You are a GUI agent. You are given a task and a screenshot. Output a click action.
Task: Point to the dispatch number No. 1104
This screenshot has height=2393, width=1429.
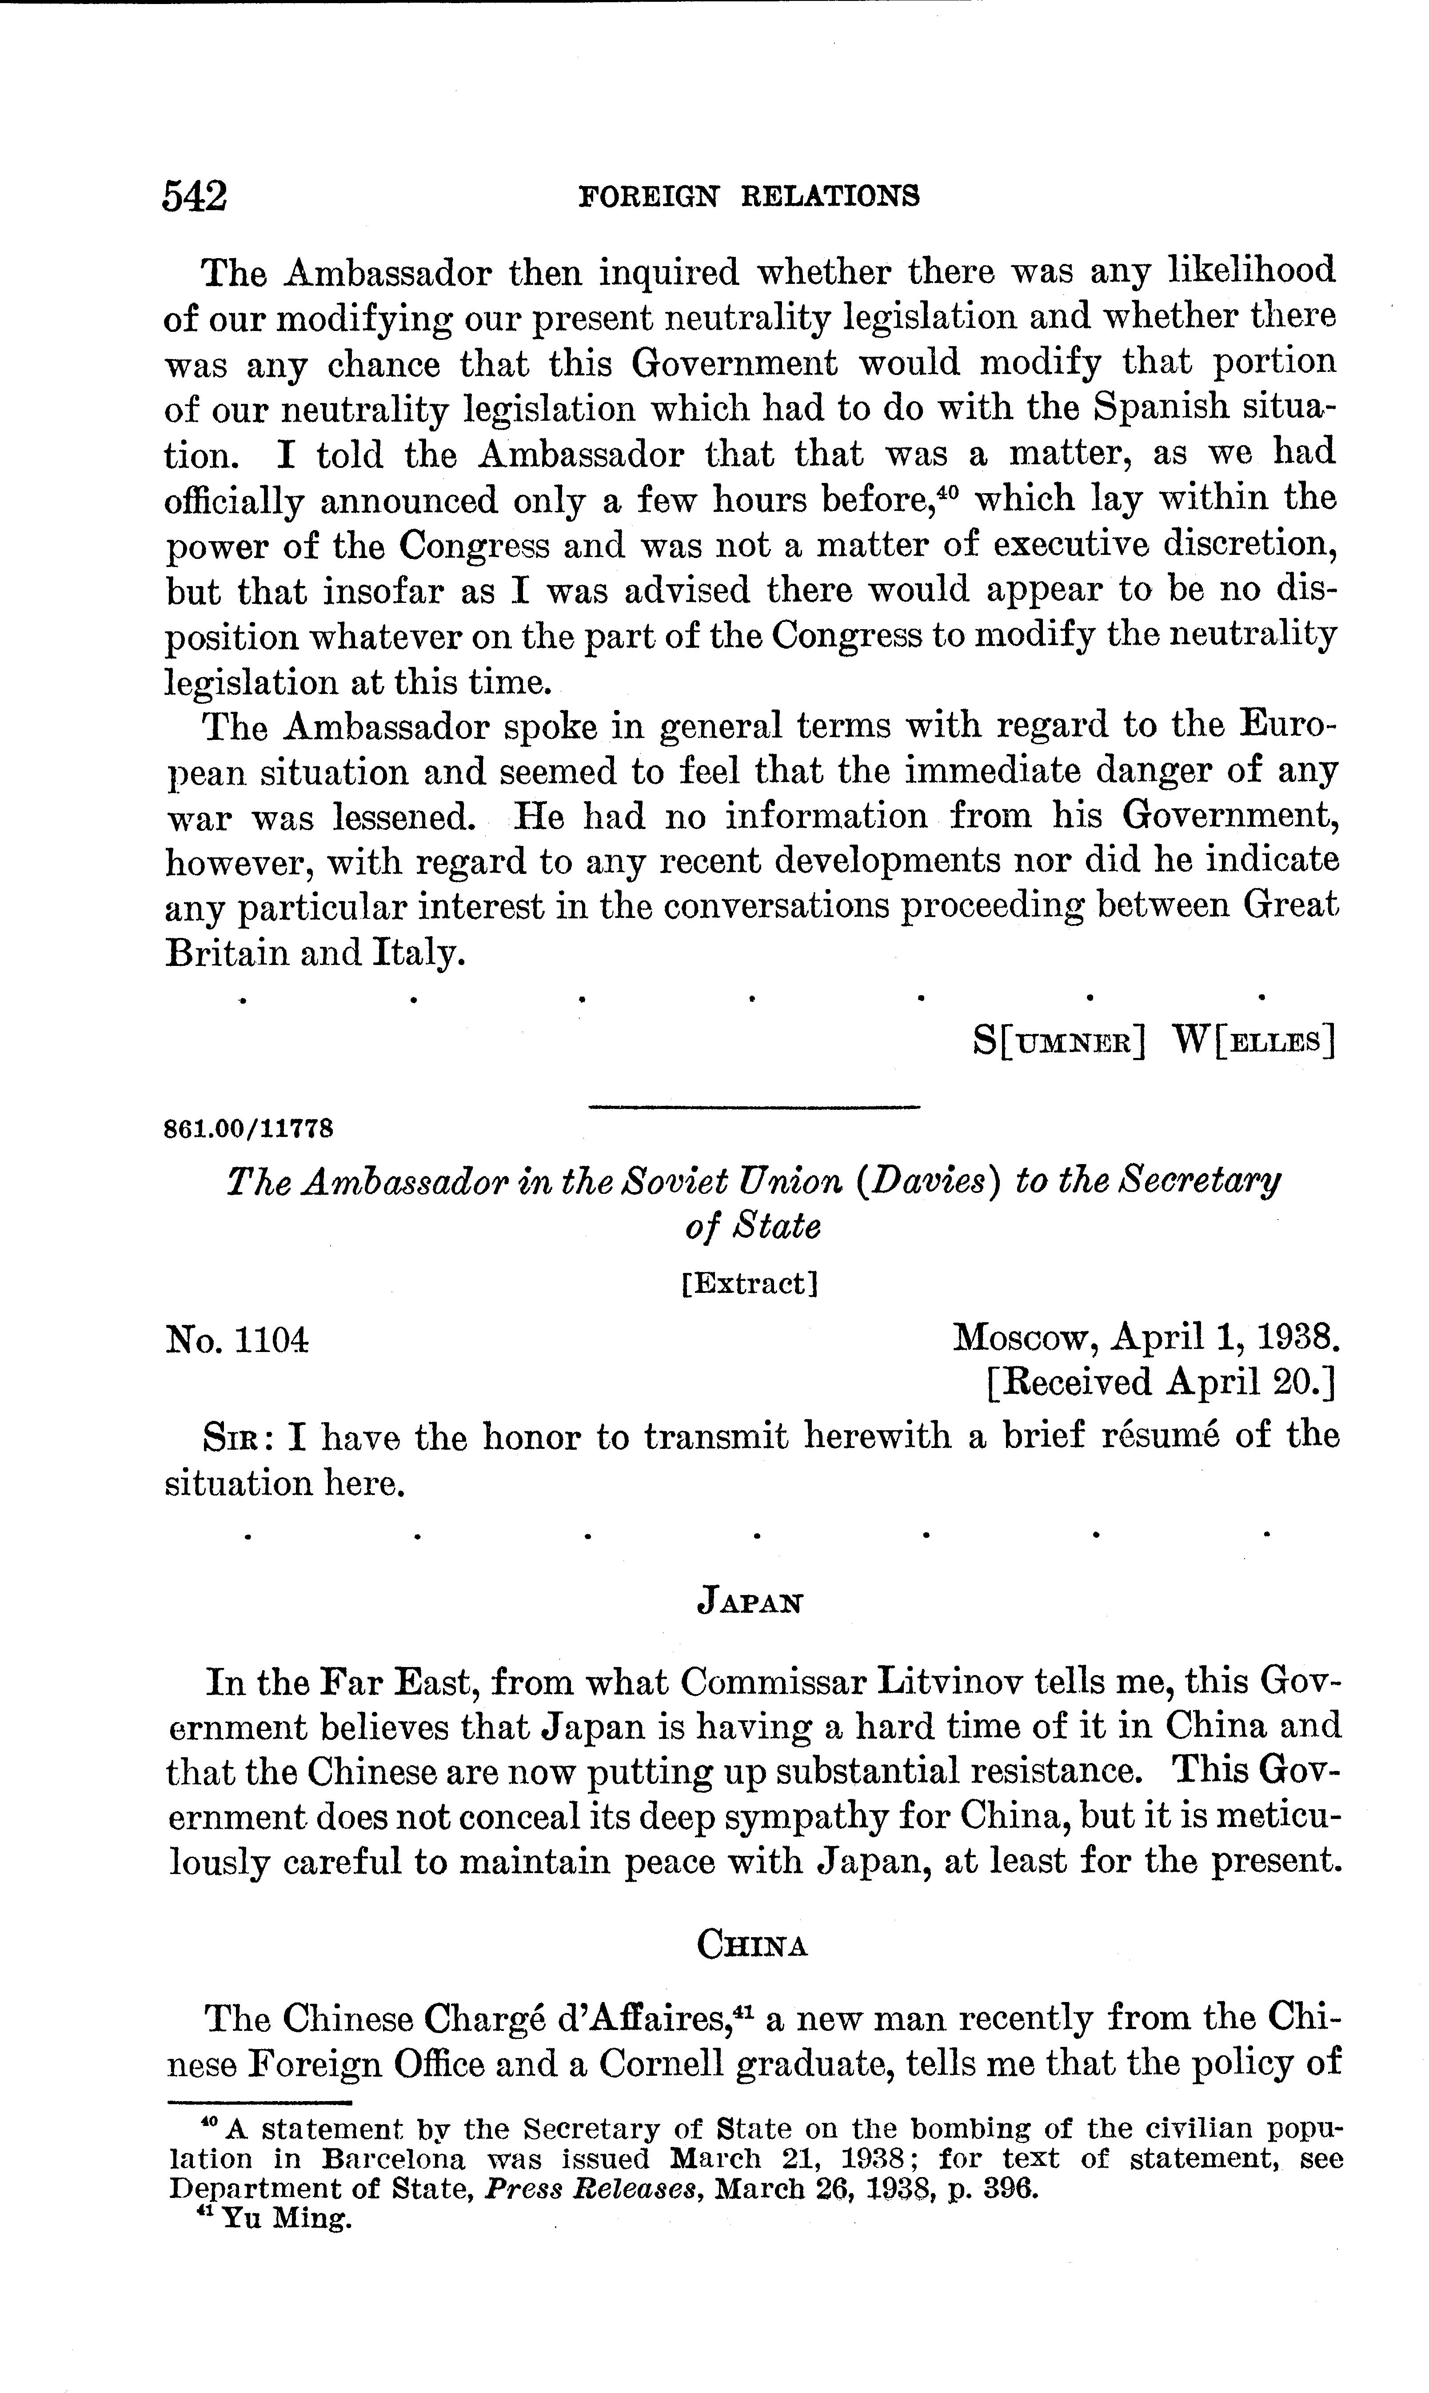coord(238,1338)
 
